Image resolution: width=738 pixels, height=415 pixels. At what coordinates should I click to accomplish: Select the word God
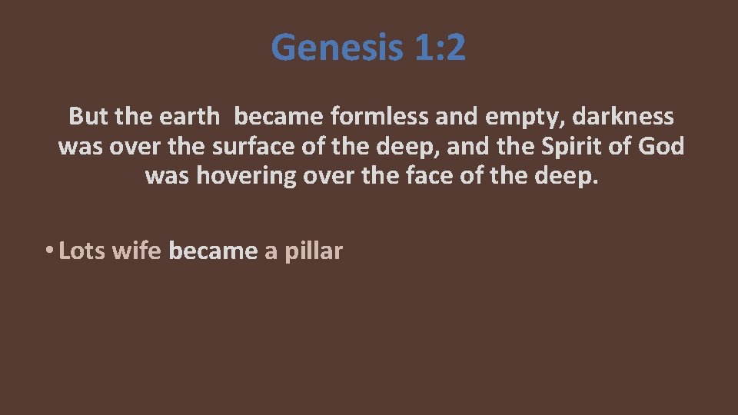tap(660, 146)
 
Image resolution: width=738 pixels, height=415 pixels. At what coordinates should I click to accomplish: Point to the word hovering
tap(246, 176)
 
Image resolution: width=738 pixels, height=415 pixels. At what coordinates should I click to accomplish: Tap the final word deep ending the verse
tap(566, 177)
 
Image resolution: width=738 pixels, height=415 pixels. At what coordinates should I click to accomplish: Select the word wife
tap(136, 251)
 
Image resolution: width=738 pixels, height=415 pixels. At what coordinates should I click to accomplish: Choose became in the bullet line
tap(213, 251)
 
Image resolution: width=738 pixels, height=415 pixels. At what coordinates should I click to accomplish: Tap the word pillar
tap(314, 251)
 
